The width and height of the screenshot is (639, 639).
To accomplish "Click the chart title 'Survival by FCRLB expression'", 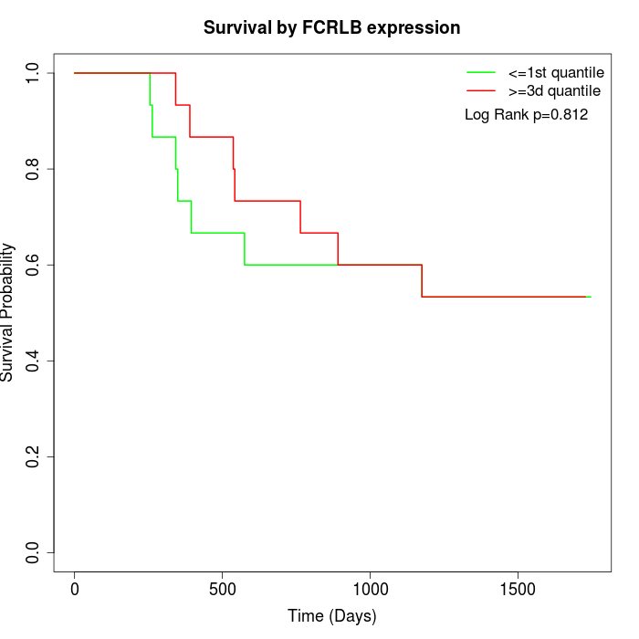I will click(331, 27).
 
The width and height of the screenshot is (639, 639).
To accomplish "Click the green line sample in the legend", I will click(480, 71).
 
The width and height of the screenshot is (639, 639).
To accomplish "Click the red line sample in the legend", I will click(480, 90).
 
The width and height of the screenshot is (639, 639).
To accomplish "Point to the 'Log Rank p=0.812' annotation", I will click(526, 115).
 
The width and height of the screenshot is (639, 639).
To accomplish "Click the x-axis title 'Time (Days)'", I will click(331, 616).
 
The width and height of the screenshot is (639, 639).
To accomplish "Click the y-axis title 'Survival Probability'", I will click(8, 312).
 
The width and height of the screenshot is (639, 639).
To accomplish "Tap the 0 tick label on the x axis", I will click(75, 590).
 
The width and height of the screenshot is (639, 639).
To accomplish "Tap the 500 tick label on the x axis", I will click(223, 590).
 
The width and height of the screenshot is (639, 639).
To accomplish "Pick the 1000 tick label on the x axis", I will click(371, 590).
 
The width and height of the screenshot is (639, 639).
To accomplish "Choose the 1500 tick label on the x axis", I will click(519, 590).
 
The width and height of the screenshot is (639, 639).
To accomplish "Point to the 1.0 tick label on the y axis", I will click(34, 73).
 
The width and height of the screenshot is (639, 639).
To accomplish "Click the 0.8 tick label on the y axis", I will click(34, 169).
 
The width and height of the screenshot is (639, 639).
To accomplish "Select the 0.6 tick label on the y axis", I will click(34, 265).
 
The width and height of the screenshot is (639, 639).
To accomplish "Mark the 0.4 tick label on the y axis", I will click(34, 361).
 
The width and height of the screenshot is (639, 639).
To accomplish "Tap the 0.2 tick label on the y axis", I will click(34, 456).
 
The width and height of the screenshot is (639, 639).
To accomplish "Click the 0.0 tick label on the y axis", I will click(34, 552).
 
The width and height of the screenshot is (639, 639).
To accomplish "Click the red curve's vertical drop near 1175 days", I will click(422, 281).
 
